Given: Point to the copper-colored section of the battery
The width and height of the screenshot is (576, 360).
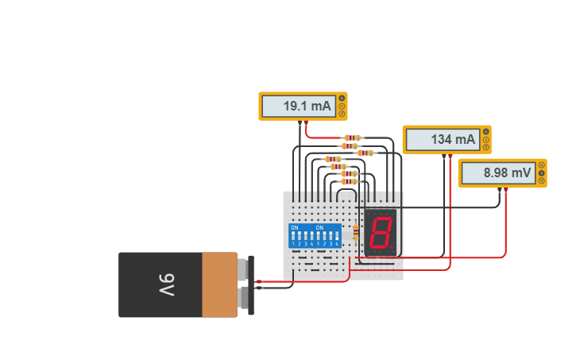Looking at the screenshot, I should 219,285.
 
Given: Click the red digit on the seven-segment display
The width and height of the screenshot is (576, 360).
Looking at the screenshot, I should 381,233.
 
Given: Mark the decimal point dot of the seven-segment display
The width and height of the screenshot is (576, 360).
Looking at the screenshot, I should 392,250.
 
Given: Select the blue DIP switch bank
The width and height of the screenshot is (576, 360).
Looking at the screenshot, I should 315,235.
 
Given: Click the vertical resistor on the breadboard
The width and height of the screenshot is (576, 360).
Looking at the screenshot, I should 355,233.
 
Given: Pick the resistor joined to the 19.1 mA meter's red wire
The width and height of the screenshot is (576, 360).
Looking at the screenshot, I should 352,137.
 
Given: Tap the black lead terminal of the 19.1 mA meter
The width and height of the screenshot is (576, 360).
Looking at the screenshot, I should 299,123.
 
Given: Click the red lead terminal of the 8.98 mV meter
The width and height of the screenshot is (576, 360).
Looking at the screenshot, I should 506,189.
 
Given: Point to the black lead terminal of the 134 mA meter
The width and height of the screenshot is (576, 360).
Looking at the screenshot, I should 443,156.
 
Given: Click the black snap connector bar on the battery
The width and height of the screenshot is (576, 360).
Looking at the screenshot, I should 251,285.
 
